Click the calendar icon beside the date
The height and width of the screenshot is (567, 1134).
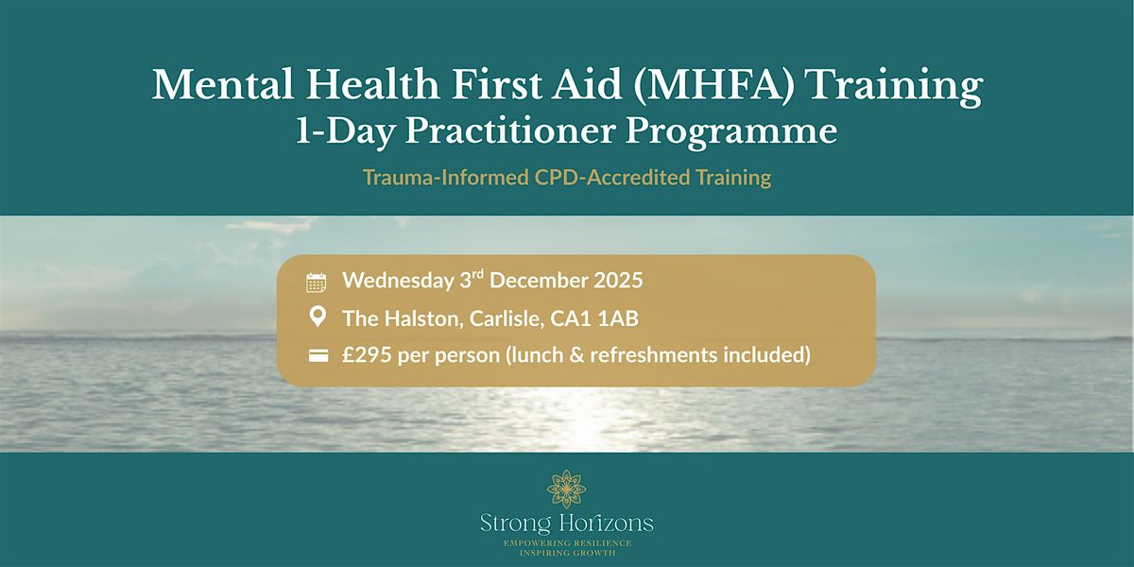(x=317, y=282)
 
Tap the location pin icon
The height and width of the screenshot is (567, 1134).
(x=317, y=318)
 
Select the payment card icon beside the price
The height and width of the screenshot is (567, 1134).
(x=317, y=356)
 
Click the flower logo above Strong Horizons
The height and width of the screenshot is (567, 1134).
(x=566, y=490)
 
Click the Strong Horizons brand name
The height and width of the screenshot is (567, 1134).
(x=566, y=524)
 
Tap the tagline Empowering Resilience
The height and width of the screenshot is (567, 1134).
(x=566, y=543)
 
